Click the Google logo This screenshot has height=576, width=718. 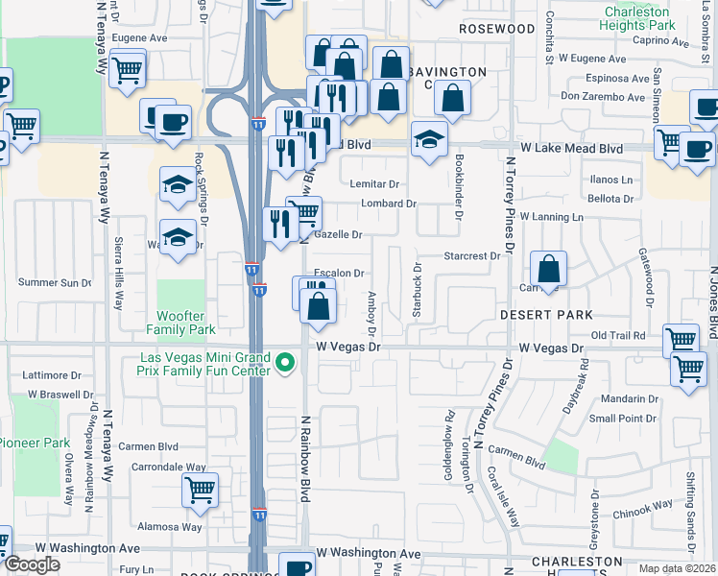[32, 564]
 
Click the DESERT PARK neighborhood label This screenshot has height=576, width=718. [546, 315]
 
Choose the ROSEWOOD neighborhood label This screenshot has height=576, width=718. [496, 29]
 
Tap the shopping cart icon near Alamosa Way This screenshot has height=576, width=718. [200, 490]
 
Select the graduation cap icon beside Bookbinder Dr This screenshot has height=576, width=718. [430, 139]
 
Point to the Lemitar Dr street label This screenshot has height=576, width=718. [374, 183]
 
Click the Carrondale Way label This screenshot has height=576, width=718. [169, 467]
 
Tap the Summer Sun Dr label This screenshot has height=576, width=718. [54, 282]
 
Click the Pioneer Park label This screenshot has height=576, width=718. [35, 443]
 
